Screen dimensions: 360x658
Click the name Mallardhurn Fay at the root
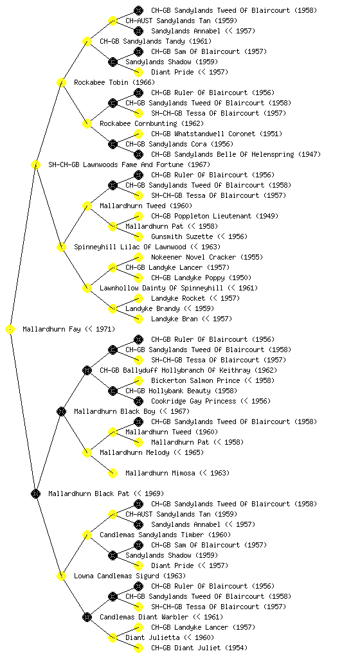[x=51, y=330]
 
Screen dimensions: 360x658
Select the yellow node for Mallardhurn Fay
[x=10, y=330]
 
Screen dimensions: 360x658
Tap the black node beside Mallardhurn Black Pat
[x=35, y=494]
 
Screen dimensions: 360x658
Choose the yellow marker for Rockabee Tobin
[x=61, y=83]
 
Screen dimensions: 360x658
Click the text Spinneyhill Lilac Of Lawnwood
[x=130, y=247]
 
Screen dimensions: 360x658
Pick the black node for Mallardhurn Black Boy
[x=61, y=412]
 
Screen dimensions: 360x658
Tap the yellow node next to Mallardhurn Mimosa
[x=113, y=474]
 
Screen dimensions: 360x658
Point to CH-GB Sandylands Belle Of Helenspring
[x=222, y=154]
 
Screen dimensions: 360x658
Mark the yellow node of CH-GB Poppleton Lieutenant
[x=138, y=216]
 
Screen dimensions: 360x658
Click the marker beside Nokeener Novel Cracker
[x=138, y=257]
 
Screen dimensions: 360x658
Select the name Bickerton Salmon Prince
[x=195, y=380]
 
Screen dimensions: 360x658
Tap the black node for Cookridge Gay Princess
[x=138, y=401]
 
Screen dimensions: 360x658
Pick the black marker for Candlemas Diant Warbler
[x=87, y=618]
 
